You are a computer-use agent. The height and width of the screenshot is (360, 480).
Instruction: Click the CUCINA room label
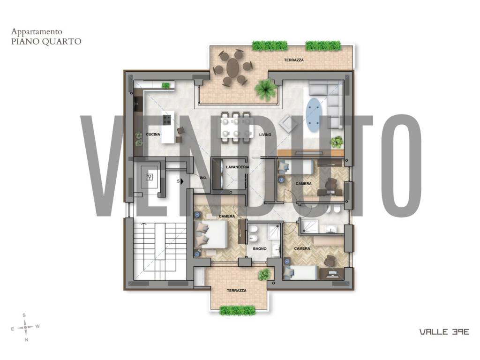coord(153,135)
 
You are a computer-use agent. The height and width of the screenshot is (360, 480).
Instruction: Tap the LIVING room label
coord(265,135)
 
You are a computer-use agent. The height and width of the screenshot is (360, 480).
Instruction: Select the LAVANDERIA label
coord(238,167)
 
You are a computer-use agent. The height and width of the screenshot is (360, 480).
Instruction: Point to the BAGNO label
coord(260,248)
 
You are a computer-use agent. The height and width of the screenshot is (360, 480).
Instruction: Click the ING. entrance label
coord(203,178)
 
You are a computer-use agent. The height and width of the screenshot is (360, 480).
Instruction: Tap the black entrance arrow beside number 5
coord(182,181)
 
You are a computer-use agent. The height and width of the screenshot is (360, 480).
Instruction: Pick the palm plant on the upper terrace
coord(266,89)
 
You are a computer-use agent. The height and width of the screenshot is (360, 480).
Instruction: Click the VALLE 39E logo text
coord(444,332)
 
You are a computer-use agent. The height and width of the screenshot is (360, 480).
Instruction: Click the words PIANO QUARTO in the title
coord(46,41)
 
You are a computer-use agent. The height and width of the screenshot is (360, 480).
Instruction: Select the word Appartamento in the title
coord(37,31)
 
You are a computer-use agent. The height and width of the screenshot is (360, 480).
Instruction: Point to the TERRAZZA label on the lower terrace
coord(237,291)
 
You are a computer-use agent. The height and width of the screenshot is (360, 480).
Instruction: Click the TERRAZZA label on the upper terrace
coord(294,60)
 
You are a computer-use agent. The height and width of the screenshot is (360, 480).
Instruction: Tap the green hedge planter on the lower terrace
coord(238,310)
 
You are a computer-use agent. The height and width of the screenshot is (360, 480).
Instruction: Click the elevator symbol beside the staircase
coord(150,177)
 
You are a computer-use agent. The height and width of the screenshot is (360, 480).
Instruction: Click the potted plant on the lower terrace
coord(264,274)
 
